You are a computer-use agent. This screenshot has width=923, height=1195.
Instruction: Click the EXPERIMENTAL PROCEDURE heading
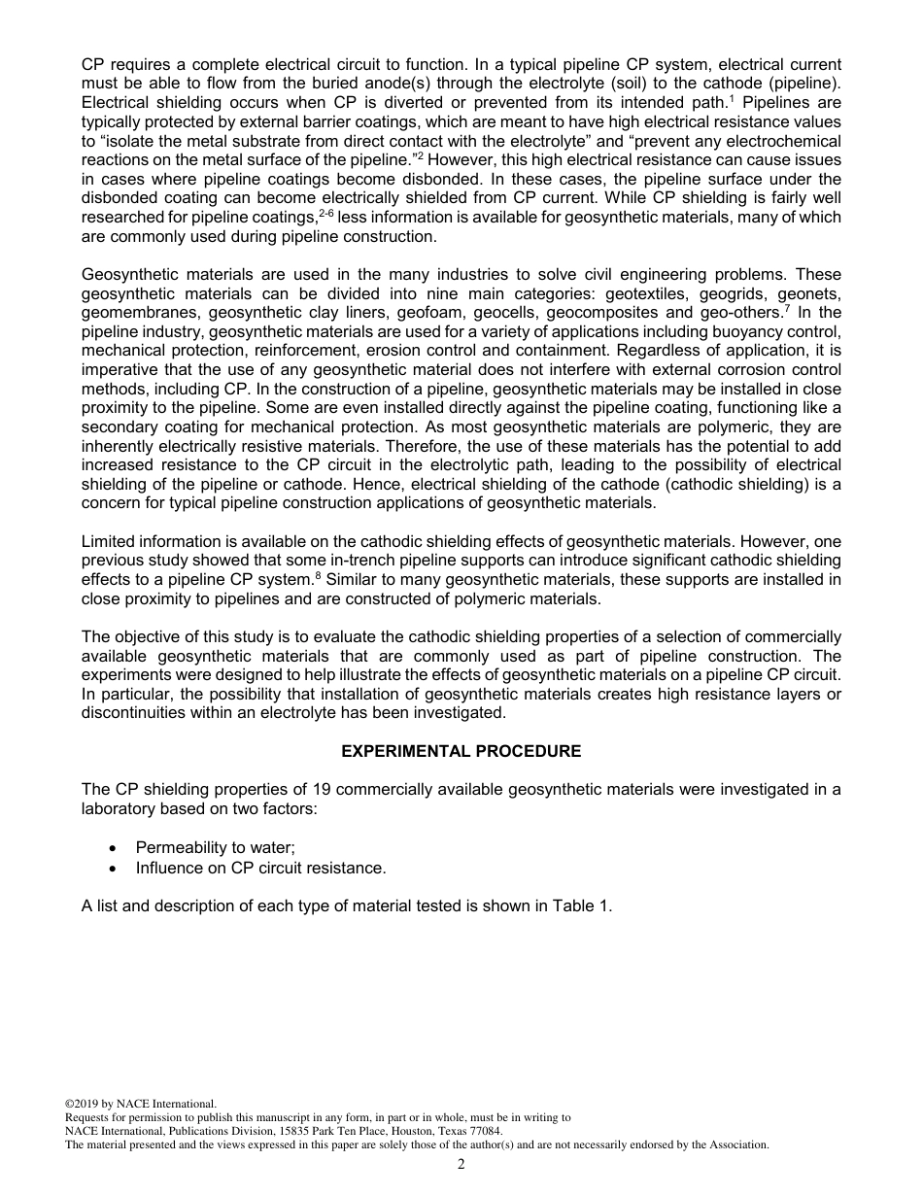pos(461,751)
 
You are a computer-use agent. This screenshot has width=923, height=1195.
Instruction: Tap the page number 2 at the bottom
pos(461,1165)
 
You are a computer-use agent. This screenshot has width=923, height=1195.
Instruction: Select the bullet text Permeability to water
pos(215,847)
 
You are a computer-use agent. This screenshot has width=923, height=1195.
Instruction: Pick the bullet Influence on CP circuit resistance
pos(260,868)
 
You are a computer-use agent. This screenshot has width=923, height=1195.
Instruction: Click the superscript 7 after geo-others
pos(787,309)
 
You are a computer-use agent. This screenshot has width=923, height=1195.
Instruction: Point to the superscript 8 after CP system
pos(318,575)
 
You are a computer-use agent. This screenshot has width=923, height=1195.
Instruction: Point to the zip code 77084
pos(483,1131)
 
